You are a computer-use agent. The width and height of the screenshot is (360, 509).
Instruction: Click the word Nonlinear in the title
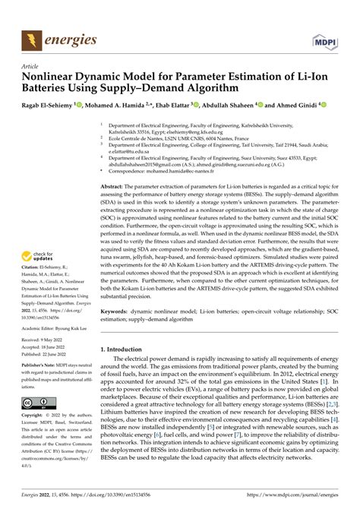[52, 76]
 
